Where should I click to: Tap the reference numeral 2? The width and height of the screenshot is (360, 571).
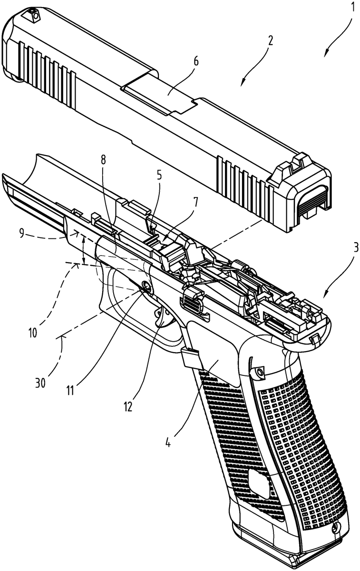pos(270,41)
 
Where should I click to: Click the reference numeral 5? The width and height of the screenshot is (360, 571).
pos(159,176)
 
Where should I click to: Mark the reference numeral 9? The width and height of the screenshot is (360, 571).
pos(22,234)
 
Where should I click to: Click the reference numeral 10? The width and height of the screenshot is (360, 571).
pos(33,332)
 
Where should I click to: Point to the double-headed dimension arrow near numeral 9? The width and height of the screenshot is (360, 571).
pos(83,249)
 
